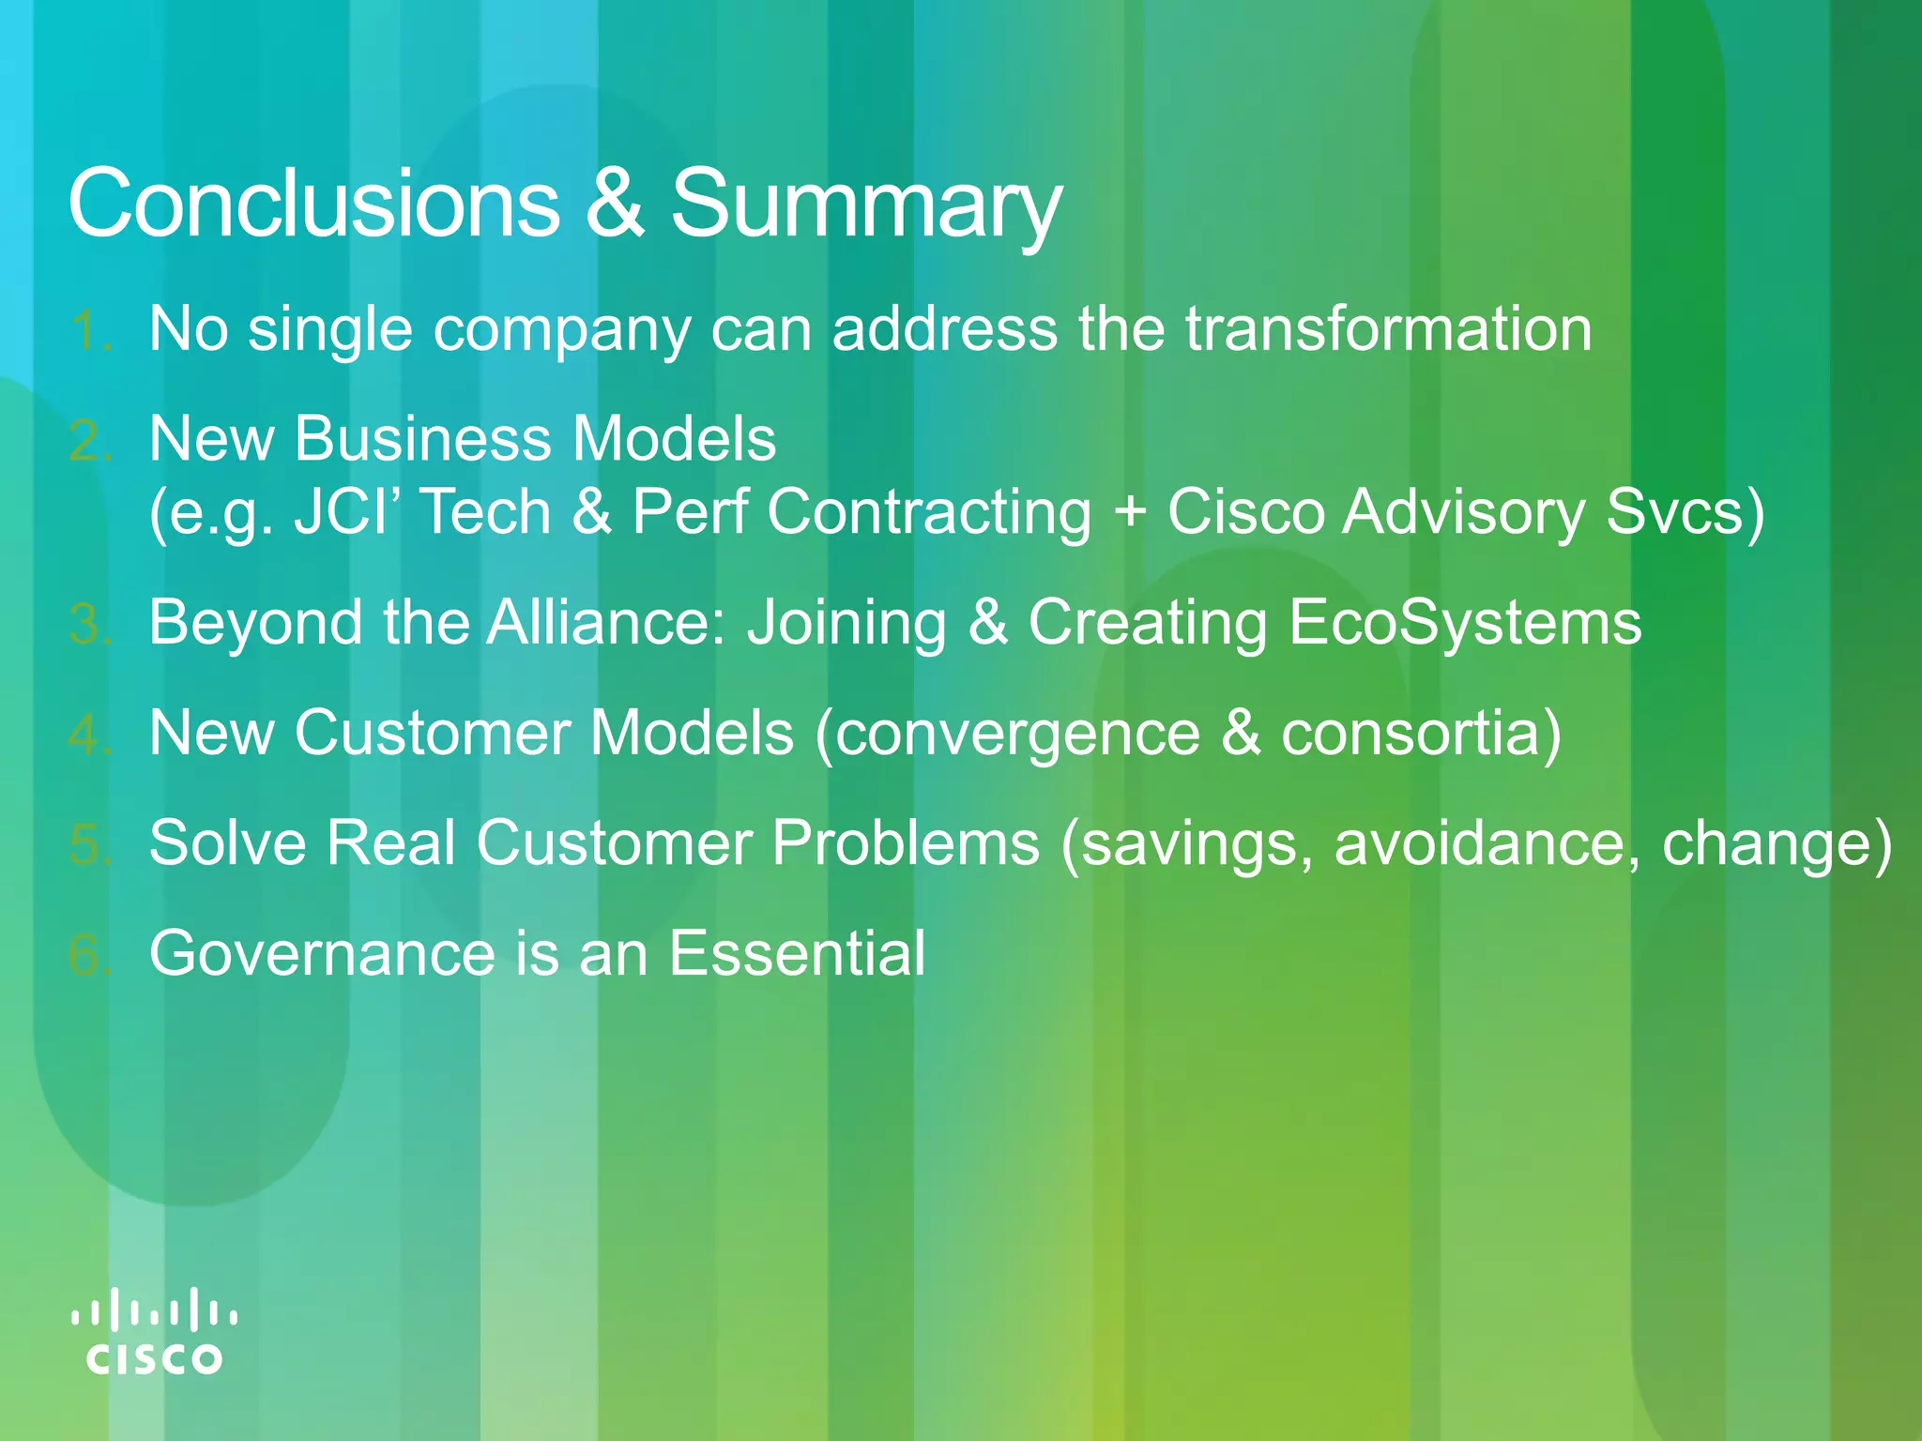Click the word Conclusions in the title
click(x=313, y=203)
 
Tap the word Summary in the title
click(x=865, y=205)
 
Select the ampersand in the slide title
click(x=615, y=203)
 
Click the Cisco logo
click(x=155, y=1332)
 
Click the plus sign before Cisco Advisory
click(x=1131, y=512)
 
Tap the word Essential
click(x=797, y=953)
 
